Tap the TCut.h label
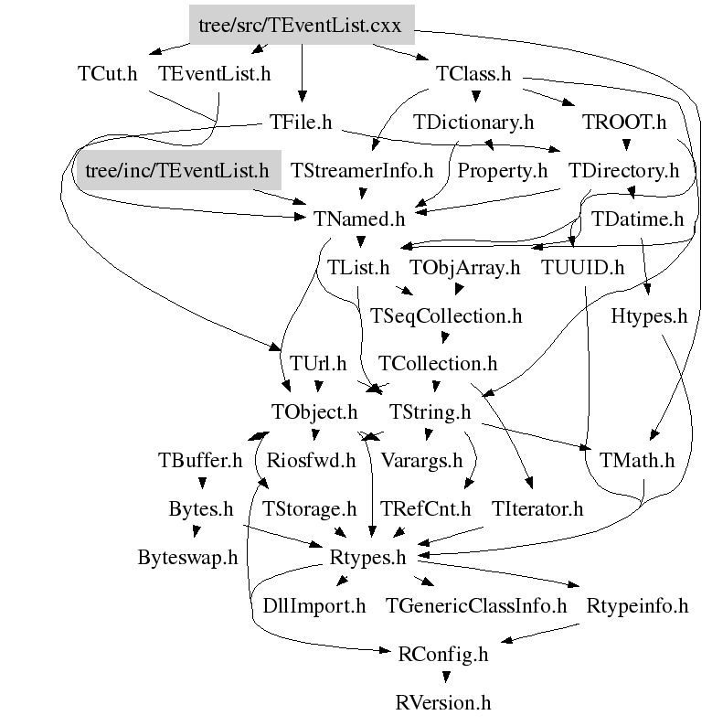tap(107, 74)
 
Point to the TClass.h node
tap(474, 74)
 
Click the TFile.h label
tap(301, 122)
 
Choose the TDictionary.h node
tap(473, 122)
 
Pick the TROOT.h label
tap(624, 122)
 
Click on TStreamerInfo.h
tap(362, 171)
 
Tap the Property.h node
tap(502, 171)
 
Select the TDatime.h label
tap(637, 219)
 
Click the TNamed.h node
tap(359, 219)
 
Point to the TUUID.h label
tap(582, 268)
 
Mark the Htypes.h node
tap(649, 316)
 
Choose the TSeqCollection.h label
tap(446, 316)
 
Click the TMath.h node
tap(637, 461)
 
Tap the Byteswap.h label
tap(187, 557)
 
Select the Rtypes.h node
tap(367, 557)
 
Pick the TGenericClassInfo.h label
tap(475, 605)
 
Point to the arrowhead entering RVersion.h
tap(444, 679)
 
